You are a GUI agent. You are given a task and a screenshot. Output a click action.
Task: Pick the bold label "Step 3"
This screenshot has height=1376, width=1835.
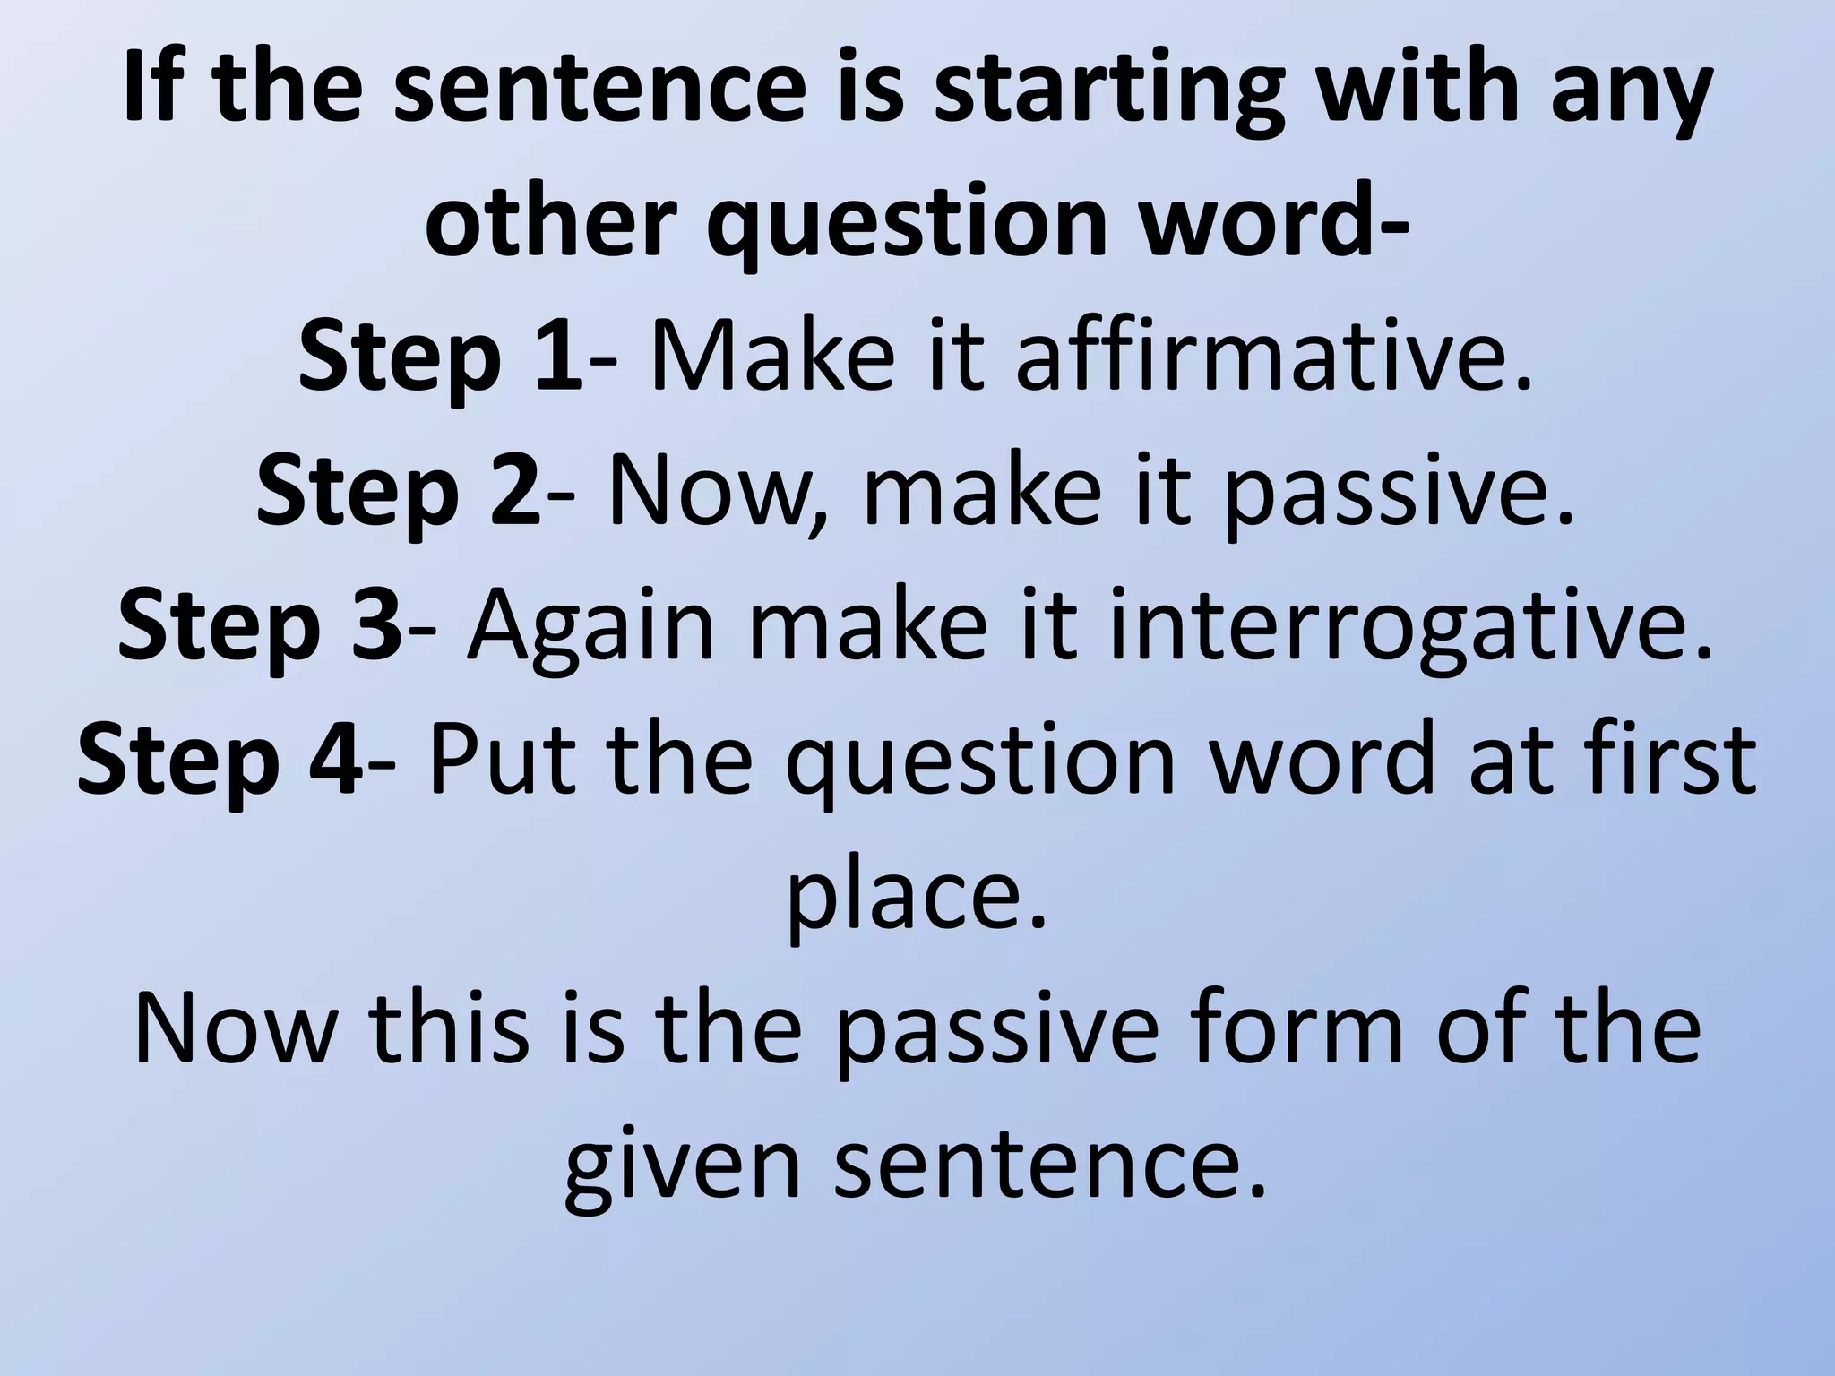click(x=260, y=625)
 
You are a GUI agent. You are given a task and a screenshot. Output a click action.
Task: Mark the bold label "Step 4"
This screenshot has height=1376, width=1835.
click(x=220, y=760)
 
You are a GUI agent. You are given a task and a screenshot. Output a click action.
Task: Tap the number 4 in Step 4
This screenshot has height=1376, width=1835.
click(x=339, y=760)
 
